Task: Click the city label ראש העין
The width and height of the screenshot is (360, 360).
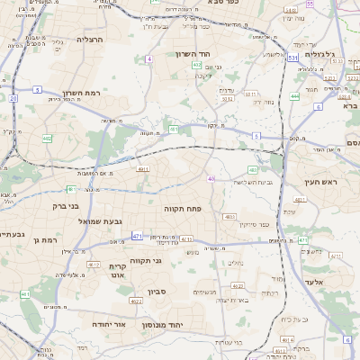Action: coord(320,183)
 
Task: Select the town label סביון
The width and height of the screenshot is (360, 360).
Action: coord(159,292)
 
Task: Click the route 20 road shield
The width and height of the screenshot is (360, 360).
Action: coord(13,97)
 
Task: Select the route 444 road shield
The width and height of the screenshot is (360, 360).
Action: coord(295,95)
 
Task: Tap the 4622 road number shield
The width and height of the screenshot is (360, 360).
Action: coord(137,301)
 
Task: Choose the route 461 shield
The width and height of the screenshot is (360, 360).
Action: coord(25,294)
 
